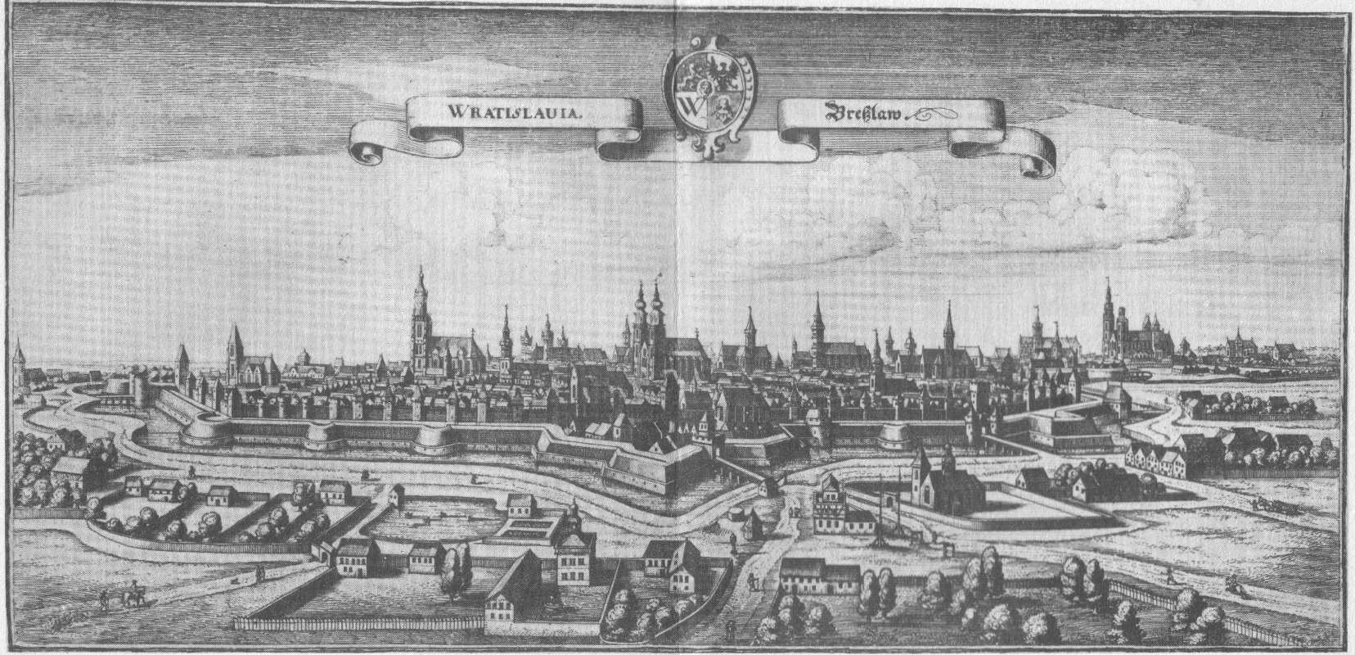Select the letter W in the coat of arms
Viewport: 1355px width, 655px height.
coord(689,107)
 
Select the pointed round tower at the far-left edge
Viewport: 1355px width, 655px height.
coord(18,360)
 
